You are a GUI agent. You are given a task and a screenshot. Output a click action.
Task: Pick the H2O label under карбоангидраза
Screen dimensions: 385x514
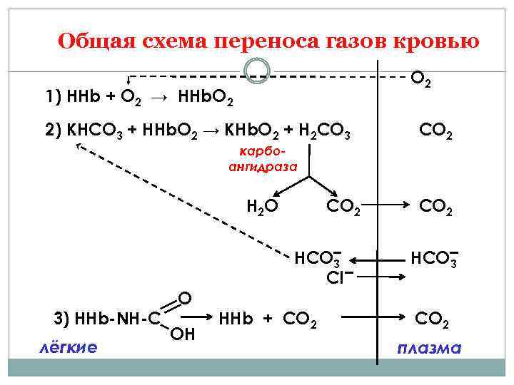pyautogui.click(x=262, y=207)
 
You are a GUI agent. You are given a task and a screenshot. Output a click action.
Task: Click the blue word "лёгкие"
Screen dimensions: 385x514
pyautogui.click(x=69, y=346)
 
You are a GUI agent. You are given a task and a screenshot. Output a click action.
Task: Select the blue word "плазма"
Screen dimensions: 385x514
pyautogui.click(x=429, y=348)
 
